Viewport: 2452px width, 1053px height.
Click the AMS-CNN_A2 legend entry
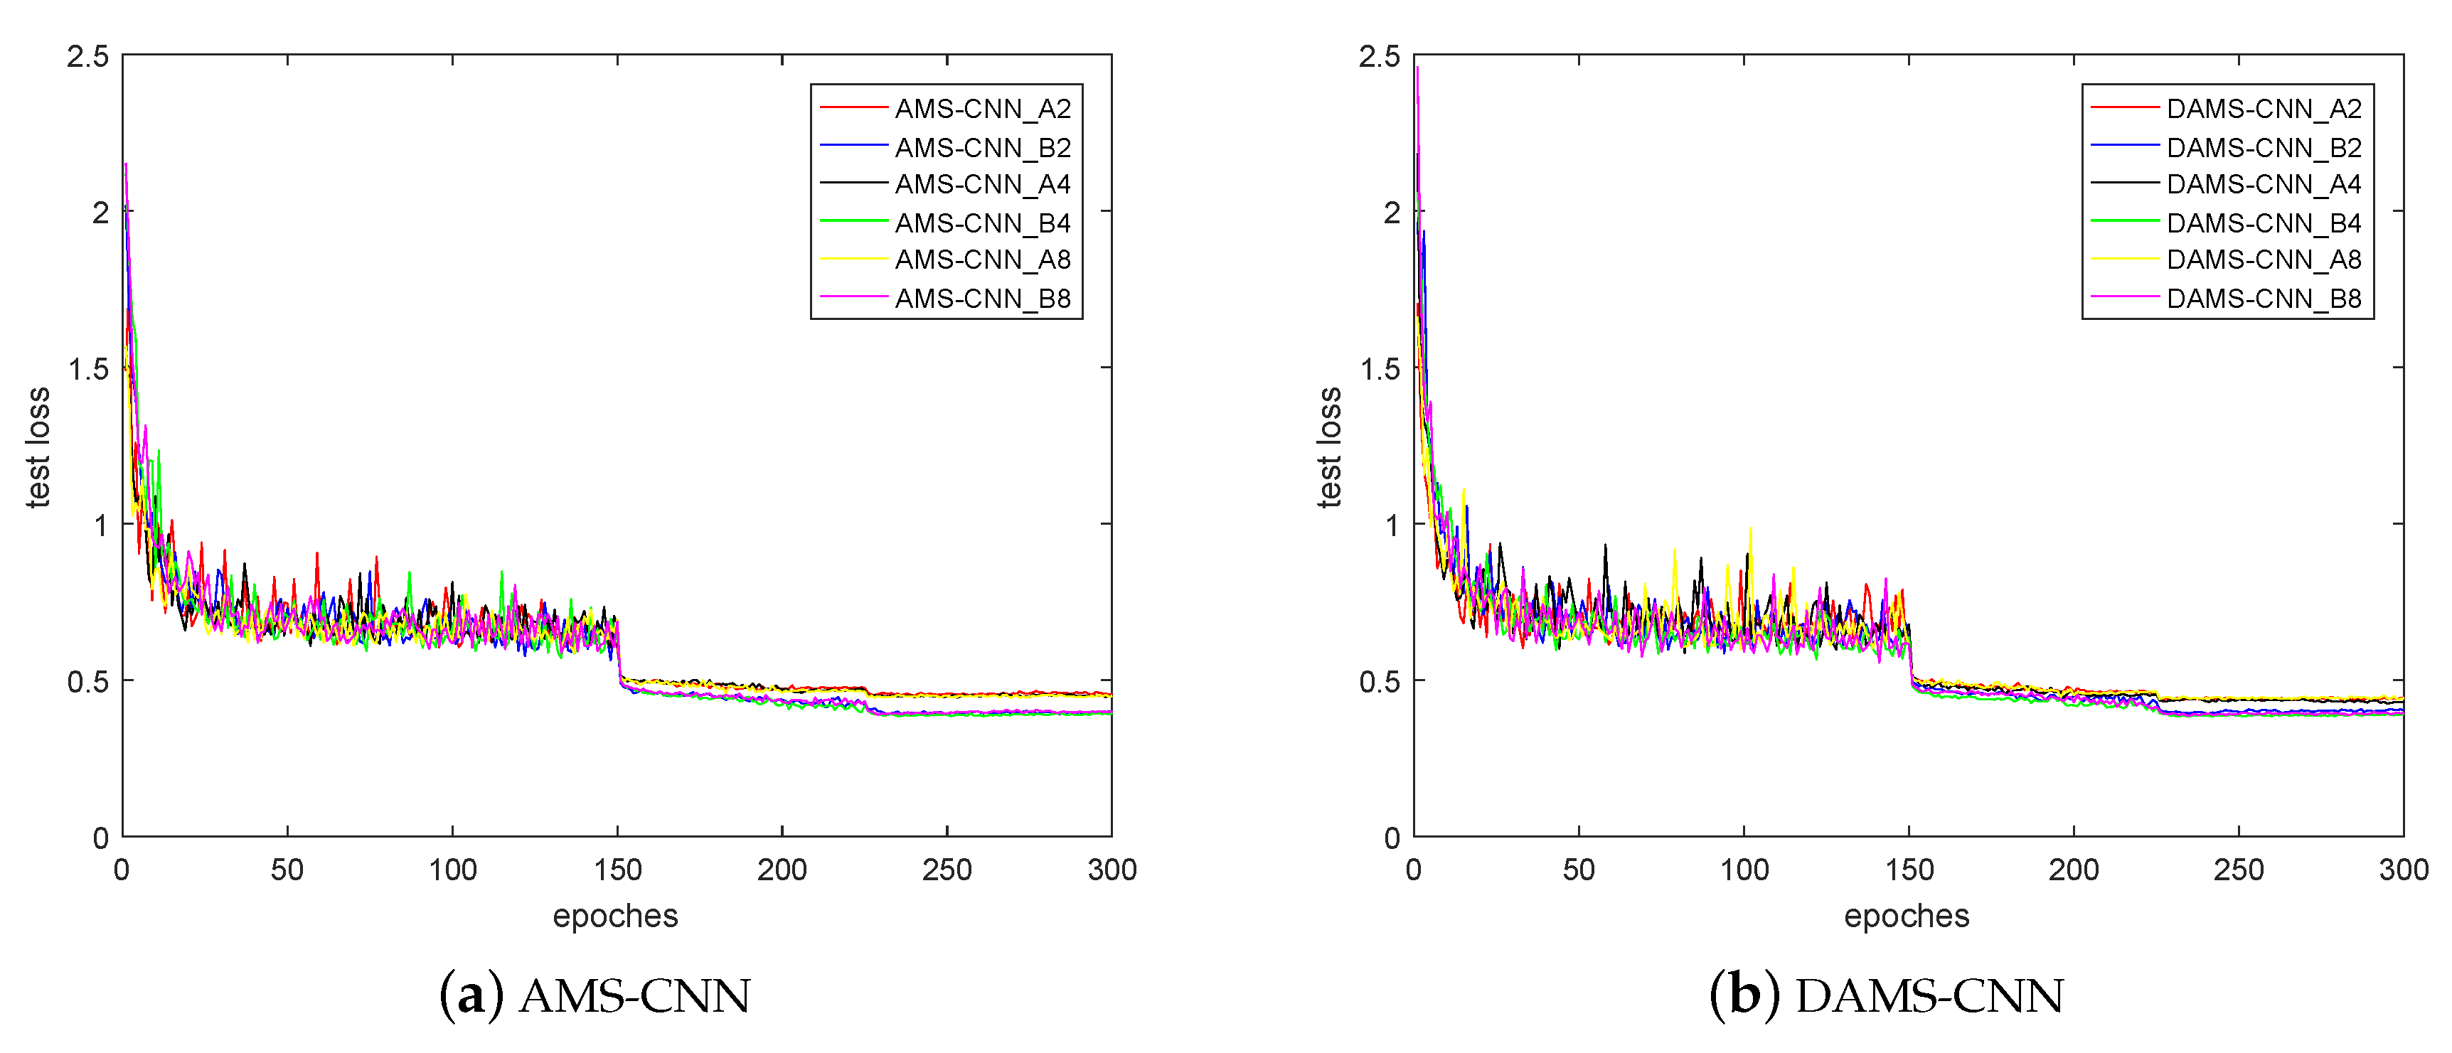[982, 109]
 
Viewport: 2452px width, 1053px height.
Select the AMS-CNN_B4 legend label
[982, 223]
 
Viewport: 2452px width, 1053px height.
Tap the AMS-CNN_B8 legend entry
[982, 298]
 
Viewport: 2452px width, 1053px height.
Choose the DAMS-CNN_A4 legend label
[2264, 183]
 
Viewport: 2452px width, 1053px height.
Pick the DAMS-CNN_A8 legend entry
[2264, 259]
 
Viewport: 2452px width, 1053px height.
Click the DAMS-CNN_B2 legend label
[2264, 148]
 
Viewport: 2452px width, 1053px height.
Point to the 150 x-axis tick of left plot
[618, 870]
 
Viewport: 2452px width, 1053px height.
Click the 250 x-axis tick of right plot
[2238, 870]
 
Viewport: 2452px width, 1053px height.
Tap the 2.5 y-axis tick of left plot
[87, 57]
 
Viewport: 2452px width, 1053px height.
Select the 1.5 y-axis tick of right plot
[1380, 368]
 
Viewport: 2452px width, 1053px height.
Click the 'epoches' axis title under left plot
[615, 916]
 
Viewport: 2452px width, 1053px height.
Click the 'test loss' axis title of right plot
[1329, 447]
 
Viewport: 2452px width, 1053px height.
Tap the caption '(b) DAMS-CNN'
[1886, 996]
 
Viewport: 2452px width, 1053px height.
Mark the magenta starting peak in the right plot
[1417, 68]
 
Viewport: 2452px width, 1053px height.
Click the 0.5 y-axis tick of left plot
[87, 682]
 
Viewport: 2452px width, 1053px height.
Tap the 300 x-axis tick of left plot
[1112, 870]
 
